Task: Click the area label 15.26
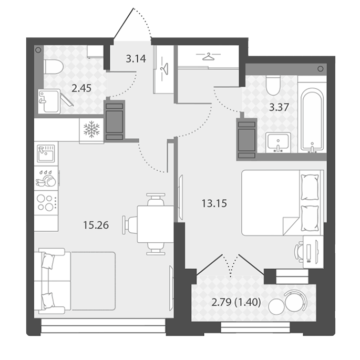96,225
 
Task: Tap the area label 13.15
214,203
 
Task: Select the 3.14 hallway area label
136,59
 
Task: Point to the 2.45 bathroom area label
81,88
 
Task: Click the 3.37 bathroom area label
279,107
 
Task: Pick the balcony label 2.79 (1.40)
236,302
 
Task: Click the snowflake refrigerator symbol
91,129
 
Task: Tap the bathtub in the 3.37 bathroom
312,120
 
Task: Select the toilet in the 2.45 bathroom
53,67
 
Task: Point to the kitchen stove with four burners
46,202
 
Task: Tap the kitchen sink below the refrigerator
46,153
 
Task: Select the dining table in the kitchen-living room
155,224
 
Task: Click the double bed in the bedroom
282,203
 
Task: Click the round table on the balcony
276,307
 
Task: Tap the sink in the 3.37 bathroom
278,142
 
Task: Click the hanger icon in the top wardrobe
208,56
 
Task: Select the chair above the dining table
156,199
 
